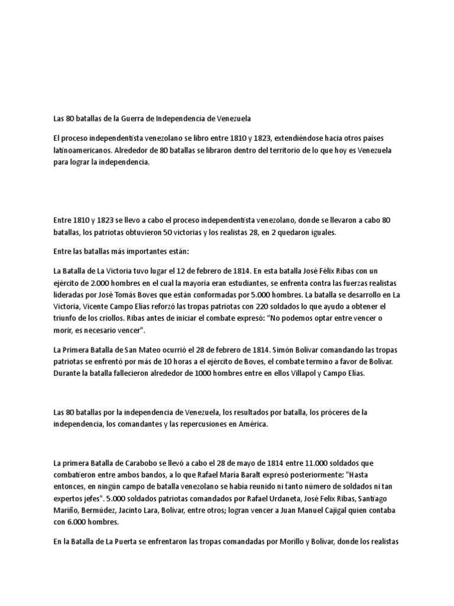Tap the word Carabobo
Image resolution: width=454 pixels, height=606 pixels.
140,463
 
